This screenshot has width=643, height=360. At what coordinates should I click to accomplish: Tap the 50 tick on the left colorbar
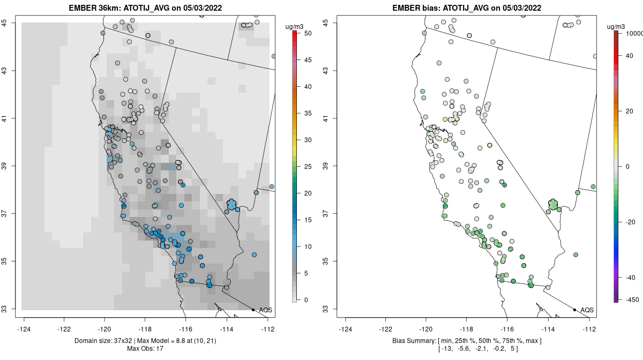[x=304, y=33]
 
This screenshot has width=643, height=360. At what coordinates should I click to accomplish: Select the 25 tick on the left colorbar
[x=304, y=167]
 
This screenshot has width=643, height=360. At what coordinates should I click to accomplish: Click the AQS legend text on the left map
[x=265, y=310]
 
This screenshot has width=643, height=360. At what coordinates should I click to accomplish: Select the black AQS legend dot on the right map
[x=574, y=310]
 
